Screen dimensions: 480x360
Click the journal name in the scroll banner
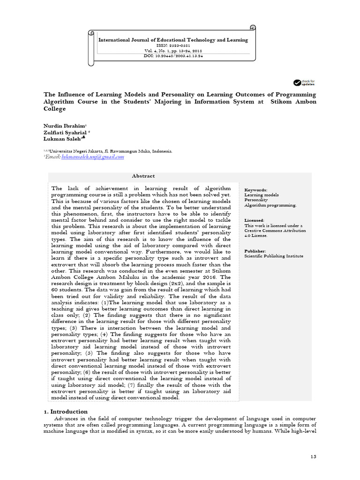(173, 40)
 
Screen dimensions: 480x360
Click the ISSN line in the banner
(173, 45)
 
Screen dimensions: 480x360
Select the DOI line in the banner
(173, 56)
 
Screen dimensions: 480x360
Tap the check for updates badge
(304, 83)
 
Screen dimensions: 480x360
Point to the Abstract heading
(143, 176)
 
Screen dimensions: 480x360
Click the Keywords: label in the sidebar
(256, 190)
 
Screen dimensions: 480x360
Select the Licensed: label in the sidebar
(255, 220)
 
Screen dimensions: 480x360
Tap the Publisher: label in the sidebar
(255, 251)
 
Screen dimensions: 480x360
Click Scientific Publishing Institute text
(274, 256)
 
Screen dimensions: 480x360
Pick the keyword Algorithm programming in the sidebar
(270, 205)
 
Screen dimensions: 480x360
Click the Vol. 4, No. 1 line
(173, 51)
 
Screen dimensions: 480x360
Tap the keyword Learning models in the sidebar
(262, 195)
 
